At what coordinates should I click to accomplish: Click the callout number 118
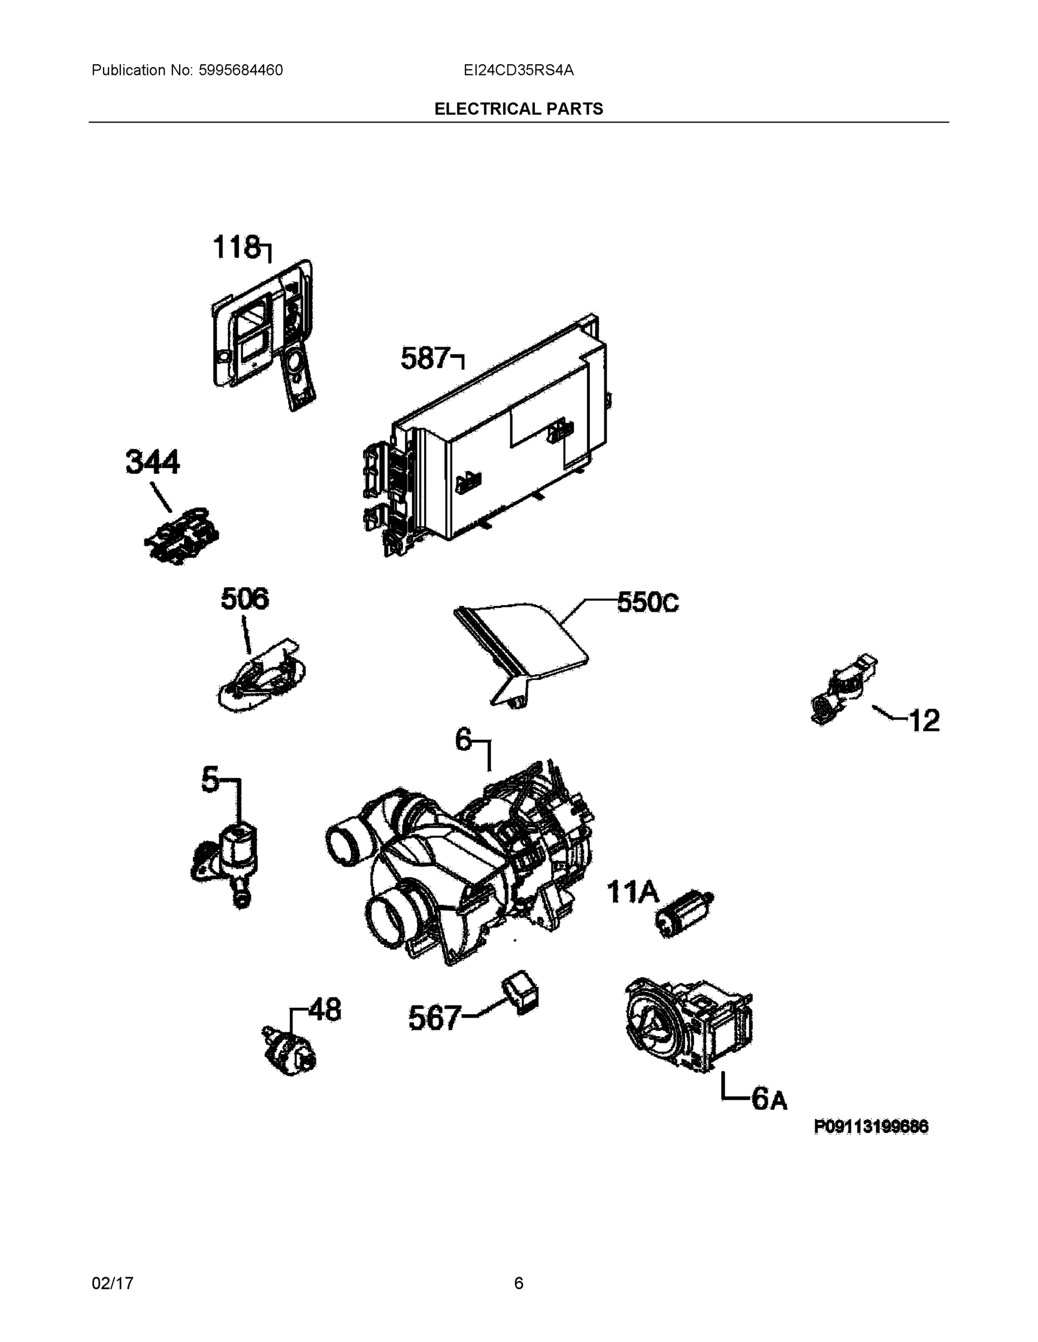(x=237, y=248)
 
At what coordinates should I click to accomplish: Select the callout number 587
(x=425, y=358)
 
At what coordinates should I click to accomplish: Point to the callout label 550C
(x=648, y=603)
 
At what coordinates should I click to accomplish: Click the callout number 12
(x=924, y=720)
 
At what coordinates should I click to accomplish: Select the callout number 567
(x=435, y=1018)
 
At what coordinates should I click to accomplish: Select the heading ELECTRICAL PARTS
(x=518, y=109)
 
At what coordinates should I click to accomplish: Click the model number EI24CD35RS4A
(x=518, y=70)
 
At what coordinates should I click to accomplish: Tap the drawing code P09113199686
(x=871, y=1126)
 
